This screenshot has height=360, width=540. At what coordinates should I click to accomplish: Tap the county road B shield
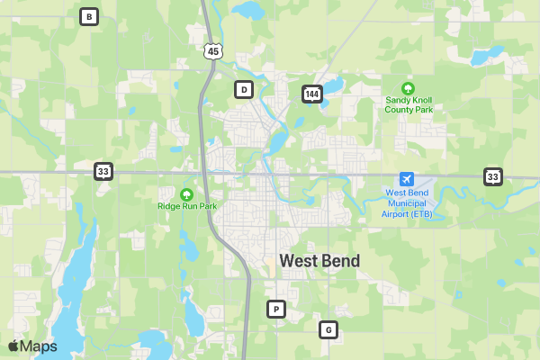(x=88, y=16)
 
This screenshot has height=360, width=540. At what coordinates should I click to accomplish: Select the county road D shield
(x=243, y=89)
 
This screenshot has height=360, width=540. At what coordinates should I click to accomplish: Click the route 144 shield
(x=311, y=94)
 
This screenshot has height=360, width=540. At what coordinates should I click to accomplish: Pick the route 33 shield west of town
(x=103, y=170)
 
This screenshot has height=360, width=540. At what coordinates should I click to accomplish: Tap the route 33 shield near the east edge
(x=492, y=175)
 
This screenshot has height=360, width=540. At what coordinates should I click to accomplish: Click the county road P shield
(x=276, y=310)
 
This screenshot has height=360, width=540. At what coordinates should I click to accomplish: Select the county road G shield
(x=328, y=329)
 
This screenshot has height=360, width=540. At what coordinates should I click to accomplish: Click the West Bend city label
(x=319, y=261)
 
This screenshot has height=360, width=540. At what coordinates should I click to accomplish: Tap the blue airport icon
(x=408, y=179)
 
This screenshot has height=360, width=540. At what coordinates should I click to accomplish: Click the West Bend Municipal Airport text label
(x=408, y=203)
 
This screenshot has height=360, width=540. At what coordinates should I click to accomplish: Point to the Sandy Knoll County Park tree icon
(x=409, y=88)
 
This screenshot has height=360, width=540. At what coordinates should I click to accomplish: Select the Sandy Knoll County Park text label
(x=409, y=104)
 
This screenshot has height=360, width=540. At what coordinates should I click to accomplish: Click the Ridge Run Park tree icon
(x=187, y=193)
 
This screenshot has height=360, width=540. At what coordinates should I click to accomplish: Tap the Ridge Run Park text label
(x=187, y=206)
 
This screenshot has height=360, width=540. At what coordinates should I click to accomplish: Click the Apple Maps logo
(x=32, y=346)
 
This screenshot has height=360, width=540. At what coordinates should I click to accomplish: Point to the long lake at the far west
(x=76, y=270)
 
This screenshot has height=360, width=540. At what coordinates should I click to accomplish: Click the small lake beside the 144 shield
(x=333, y=86)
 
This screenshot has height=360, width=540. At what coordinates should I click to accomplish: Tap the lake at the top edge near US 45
(x=245, y=11)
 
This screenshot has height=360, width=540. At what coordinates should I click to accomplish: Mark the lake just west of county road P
(x=193, y=315)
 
